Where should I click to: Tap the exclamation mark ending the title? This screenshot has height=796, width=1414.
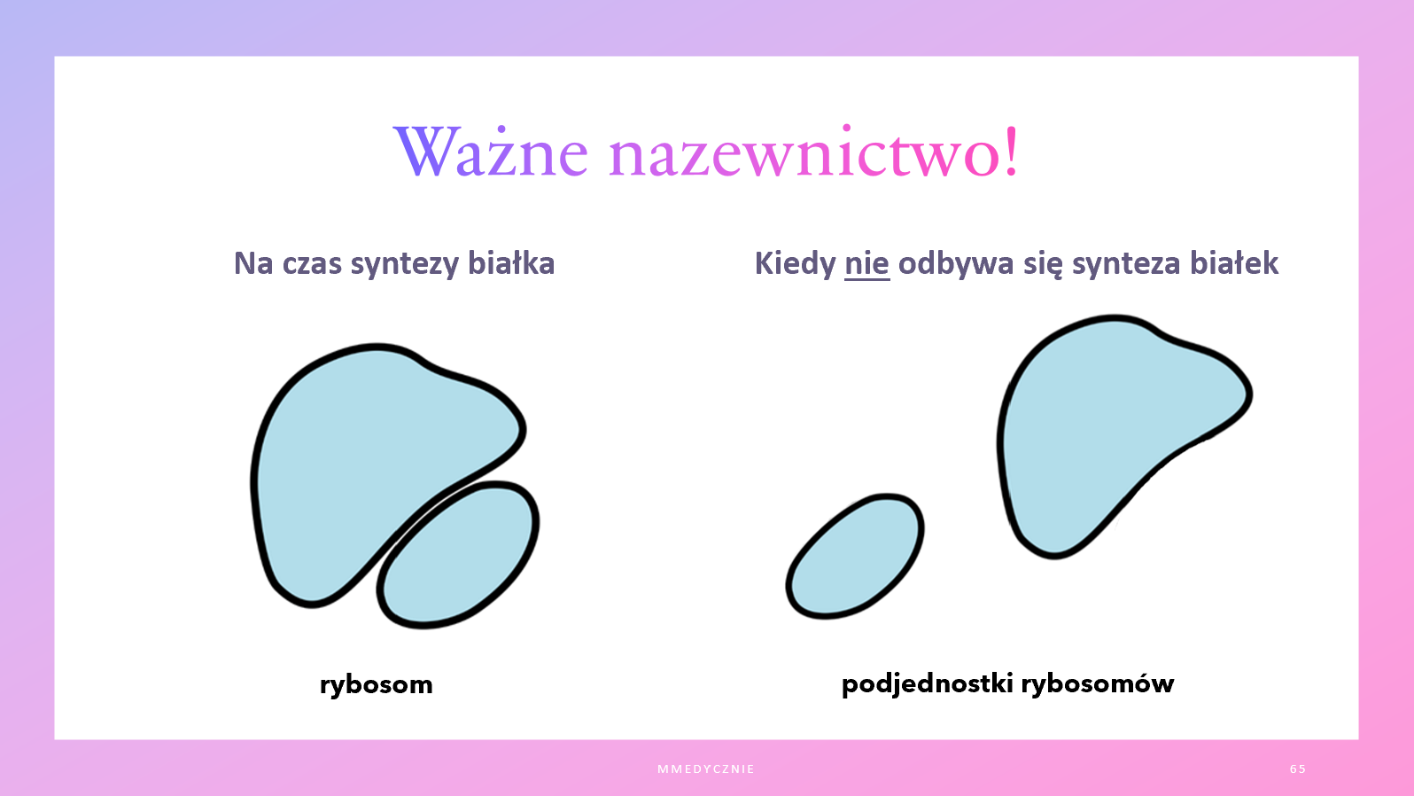tap(1011, 151)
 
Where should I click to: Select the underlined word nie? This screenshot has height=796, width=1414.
tap(866, 263)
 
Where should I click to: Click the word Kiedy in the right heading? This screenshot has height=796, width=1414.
tap(796, 263)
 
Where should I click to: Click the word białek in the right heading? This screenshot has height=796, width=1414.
tap(1234, 262)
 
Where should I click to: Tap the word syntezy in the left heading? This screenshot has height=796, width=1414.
tap(405, 264)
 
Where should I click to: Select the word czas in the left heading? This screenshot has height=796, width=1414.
tap(309, 264)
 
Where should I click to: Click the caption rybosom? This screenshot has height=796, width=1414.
tap(377, 685)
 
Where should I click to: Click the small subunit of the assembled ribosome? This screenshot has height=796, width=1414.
tap(459, 555)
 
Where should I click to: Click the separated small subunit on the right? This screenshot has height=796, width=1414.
tap(855, 556)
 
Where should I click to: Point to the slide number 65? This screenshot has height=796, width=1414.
tap(1298, 769)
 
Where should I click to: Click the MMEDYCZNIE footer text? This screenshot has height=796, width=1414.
tap(706, 769)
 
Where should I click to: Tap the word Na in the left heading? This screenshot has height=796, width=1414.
tap(253, 263)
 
